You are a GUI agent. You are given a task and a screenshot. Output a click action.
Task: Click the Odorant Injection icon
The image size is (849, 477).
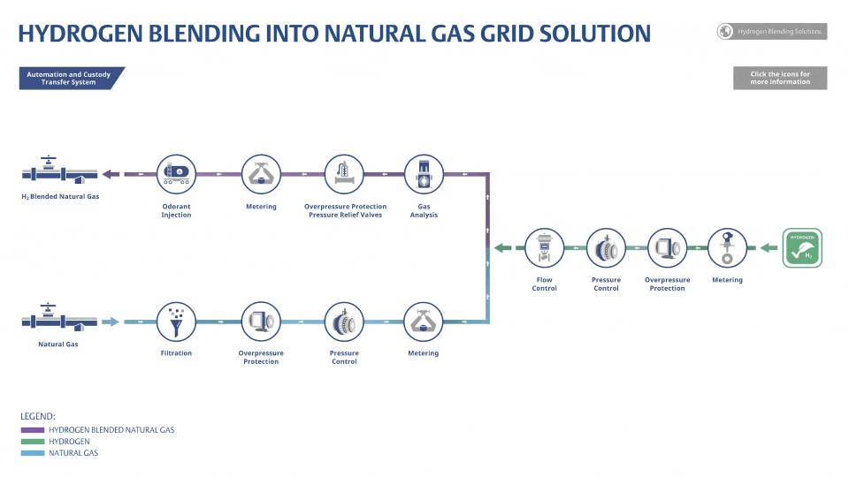click(176, 173)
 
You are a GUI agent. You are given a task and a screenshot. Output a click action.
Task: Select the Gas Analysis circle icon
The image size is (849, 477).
click(423, 173)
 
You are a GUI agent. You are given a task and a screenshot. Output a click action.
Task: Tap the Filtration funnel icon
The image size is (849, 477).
click(176, 322)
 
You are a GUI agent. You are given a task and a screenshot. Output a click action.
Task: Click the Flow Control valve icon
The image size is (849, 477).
click(544, 248)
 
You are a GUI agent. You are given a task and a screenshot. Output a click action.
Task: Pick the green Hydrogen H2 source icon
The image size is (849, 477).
click(802, 248)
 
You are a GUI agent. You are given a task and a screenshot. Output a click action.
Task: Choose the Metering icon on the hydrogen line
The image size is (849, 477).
click(727, 248)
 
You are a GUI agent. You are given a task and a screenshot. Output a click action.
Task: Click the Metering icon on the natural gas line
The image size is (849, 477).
click(423, 322)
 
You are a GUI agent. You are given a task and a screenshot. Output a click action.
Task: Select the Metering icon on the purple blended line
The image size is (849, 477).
click(261, 173)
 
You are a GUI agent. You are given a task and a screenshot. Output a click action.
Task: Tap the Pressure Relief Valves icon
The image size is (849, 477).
click(344, 173)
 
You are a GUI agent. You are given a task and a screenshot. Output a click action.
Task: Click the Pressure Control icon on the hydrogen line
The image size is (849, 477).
click(606, 248)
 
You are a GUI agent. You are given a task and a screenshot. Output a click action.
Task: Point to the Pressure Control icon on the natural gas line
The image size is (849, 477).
click(344, 322)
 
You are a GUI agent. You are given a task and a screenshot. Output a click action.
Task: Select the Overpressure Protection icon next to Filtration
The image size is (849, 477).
click(261, 322)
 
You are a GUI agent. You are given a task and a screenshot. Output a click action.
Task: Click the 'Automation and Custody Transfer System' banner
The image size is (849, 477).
click(70, 79)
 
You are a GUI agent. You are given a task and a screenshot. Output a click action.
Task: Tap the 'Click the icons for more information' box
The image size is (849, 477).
click(779, 78)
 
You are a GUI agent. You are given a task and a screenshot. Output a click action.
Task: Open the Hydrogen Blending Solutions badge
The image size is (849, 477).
click(771, 32)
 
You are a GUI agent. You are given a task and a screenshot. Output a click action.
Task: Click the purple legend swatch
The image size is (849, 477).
click(32, 430)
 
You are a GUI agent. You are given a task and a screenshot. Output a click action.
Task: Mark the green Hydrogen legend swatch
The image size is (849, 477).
click(32, 442)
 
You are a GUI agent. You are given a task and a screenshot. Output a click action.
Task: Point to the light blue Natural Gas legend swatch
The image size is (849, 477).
click(32, 453)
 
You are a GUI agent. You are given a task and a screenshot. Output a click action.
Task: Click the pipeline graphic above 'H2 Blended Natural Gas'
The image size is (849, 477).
click(59, 170)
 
